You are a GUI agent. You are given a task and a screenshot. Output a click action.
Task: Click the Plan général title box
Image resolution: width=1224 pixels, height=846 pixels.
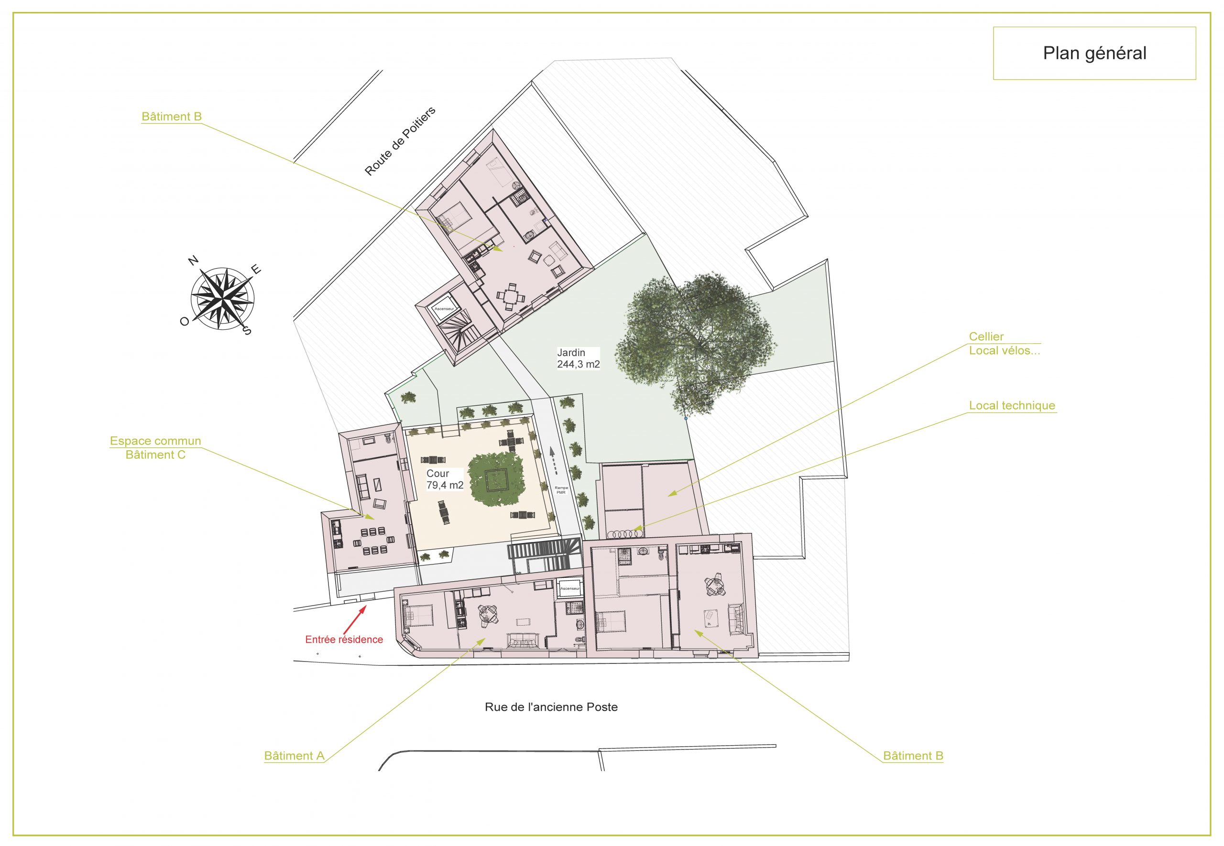tap(1094, 53)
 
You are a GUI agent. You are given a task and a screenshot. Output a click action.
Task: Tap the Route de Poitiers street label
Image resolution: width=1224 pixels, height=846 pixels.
tap(400, 141)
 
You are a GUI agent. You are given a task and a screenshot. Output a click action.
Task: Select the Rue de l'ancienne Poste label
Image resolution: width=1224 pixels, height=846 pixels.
tap(551, 706)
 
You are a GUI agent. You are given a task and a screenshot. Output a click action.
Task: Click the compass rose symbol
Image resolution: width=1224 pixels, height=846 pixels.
tap(222, 298)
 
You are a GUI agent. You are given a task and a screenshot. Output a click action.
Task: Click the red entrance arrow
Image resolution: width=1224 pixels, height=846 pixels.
tap(355, 617)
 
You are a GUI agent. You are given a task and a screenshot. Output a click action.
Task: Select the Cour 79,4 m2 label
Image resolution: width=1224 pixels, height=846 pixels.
tap(445, 479)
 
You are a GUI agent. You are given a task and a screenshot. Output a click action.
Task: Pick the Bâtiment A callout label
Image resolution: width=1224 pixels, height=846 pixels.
tap(294, 756)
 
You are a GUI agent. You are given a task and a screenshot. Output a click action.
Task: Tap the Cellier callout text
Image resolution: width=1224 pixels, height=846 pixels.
tap(986, 336)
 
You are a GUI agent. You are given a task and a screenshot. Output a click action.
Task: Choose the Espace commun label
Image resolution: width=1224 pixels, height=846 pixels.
tap(155, 441)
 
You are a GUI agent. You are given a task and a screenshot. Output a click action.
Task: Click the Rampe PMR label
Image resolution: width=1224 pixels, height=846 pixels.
tap(561, 490)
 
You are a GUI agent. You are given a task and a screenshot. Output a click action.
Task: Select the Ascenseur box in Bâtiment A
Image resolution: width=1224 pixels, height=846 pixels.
tap(570, 588)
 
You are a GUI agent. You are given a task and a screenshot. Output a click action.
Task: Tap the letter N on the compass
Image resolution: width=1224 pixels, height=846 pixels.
tap(194, 260)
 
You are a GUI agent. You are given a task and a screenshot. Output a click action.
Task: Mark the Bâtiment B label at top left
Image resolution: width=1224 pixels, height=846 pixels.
tap(172, 117)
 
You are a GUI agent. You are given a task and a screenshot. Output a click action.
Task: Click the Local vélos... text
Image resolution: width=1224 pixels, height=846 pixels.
tap(1005, 350)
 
